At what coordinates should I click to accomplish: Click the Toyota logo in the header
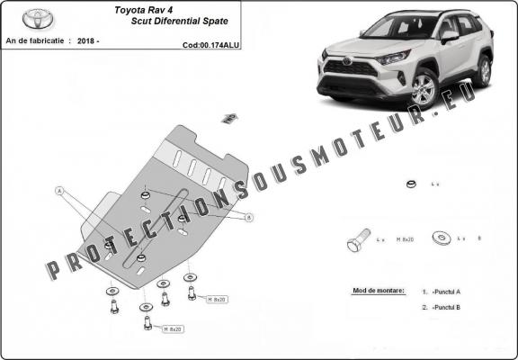coord(39,19)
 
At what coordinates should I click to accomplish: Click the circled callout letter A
coord(59,191)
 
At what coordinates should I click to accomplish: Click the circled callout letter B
coord(249,217)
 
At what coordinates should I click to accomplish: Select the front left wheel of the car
coord(421,90)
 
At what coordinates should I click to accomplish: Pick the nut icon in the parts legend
coord(409,184)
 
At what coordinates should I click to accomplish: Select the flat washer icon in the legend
coord(442,239)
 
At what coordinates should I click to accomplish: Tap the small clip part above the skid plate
coord(229,117)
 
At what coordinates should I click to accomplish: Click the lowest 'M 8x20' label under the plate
coord(172,328)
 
